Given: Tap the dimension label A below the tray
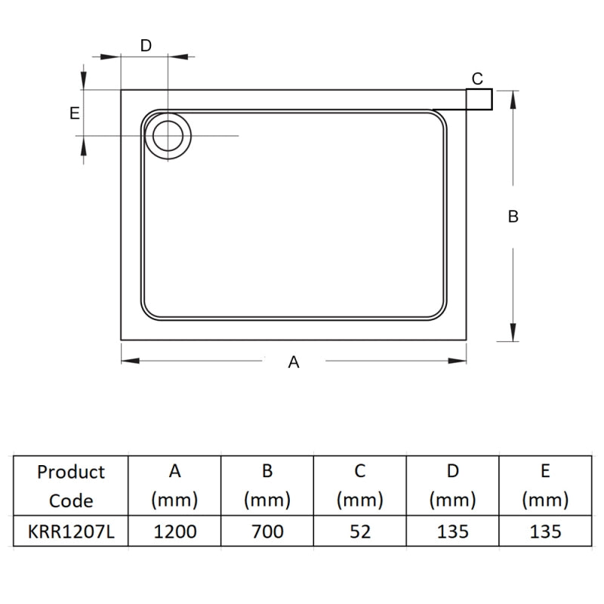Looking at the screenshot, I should point(294,362).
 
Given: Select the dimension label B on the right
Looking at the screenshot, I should point(513,216).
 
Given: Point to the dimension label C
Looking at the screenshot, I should point(477,79).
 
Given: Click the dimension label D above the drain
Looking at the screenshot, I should point(146,45).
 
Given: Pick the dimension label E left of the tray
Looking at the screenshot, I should point(74,113).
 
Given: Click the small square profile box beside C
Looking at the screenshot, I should point(479,99).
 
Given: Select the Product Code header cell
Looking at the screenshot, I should point(71,485).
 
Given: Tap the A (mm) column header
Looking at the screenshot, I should point(174,485).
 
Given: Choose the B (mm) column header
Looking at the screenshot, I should point(267,485).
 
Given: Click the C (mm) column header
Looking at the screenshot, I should point(360,485).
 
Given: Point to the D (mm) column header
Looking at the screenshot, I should point(452,485).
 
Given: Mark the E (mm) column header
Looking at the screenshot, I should point(545,485).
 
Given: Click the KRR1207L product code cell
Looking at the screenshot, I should point(71,532).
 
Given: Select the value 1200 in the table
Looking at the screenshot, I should point(174,532).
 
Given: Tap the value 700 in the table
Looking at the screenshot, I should point(267,532).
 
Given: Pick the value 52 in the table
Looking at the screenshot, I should point(360,532).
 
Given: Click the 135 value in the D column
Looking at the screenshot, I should point(452,532).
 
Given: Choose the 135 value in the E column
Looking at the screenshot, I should point(545,532).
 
